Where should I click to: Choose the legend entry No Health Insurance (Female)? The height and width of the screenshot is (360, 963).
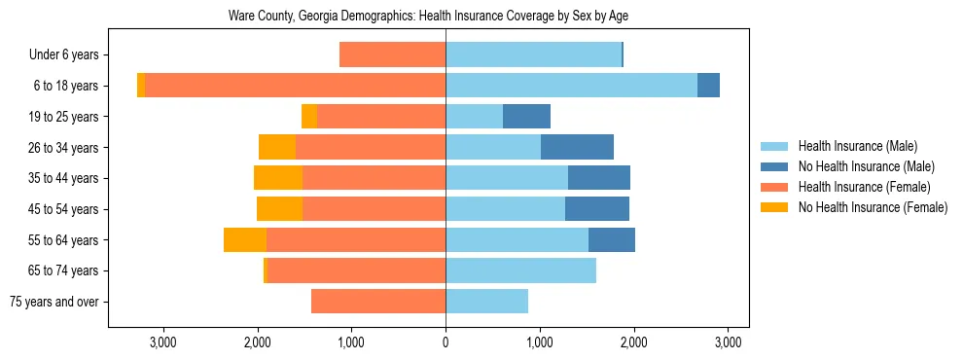[x=873, y=207]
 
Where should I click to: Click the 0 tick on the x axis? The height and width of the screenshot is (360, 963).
[x=446, y=342]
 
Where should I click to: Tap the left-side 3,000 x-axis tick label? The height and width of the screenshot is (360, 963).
[x=162, y=342]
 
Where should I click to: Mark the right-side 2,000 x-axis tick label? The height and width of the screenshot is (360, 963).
[x=634, y=342]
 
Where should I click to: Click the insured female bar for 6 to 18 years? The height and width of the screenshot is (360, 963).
[x=295, y=86]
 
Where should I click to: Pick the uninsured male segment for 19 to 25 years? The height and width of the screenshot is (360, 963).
[x=526, y=117]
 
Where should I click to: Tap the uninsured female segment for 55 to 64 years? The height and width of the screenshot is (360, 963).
[x=245, y=239]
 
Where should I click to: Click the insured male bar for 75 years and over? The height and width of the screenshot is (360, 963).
[x=486, y=302]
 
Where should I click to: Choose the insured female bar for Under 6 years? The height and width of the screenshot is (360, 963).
[x=392, y=55]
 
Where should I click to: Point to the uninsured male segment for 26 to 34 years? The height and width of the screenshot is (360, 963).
[x=577, y=147]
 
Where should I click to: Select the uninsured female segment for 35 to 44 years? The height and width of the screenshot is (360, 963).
[x=278, y=178]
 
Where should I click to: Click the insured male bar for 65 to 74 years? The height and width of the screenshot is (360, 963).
[x=520, y=270]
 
